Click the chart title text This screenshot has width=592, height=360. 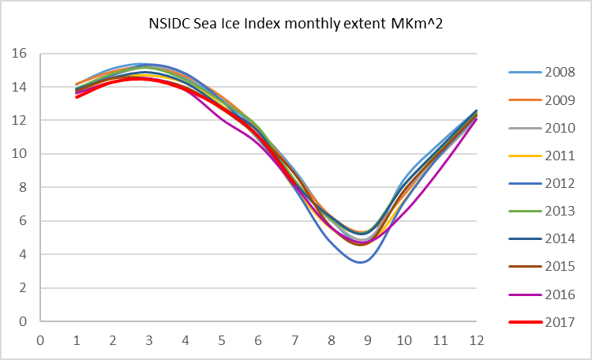coord(296,23)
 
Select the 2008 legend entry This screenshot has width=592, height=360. coord(559,72)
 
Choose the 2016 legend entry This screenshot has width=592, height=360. coord(559,294)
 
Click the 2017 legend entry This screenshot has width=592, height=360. coord(559,321)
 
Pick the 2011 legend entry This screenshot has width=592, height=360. coord(559,155)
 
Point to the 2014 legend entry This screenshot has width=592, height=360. coord(559,238)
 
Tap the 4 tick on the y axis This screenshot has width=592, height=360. coord(23,255)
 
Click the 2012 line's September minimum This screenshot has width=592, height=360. coord(362,262)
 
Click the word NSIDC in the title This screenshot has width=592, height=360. coord(167,23)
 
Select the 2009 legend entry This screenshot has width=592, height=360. coord(559,99)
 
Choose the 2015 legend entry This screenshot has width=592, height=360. coord(559,266)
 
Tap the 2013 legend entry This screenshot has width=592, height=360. coord(559,211)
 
